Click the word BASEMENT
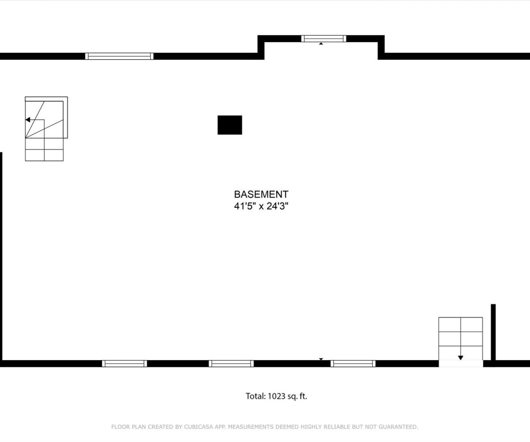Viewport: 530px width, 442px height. [261, 194]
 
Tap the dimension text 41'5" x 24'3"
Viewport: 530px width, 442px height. [261, 206]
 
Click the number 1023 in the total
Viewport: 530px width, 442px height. [276, 396]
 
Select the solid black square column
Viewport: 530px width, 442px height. [230, 125]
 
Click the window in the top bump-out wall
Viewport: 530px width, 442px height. [324, 38]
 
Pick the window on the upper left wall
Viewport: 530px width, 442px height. [119, 56]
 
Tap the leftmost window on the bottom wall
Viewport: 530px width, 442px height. [125, 363]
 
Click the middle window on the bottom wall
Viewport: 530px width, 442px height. [231, 363]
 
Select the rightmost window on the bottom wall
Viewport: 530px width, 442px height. [353, 363]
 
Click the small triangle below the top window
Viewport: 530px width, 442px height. [321, 43]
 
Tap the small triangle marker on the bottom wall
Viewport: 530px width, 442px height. [321, 359]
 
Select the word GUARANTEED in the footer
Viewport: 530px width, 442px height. [398, 427]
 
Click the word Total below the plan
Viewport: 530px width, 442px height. [256, 396]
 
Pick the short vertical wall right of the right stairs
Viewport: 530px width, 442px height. [493, 332]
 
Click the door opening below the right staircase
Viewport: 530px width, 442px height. [461, 363]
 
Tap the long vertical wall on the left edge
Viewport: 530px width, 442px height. [1, 256]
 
